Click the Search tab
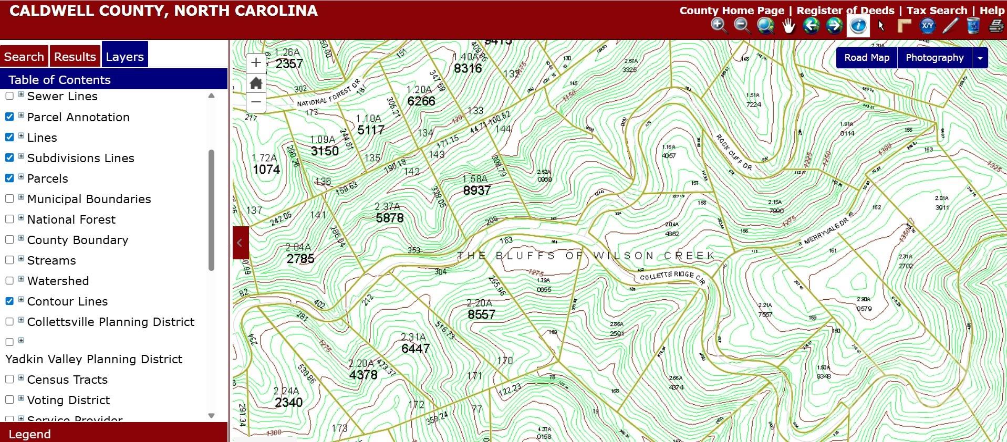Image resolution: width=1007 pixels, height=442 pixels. coord(24,57)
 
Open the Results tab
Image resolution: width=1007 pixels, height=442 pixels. coord(75,57)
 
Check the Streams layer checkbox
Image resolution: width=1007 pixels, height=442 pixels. coord(9,260)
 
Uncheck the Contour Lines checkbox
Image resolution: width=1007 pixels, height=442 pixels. coord(9,301)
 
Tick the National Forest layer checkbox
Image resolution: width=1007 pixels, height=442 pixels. coord(9,219)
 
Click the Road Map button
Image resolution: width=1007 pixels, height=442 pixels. coord(867,58)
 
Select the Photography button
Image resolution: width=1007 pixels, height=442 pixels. coord(935,58)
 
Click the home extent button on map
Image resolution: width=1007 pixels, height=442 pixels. coord(256,83)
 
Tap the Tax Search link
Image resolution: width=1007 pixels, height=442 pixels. coord(937,10)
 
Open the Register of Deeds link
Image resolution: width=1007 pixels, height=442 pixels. coord(845,10)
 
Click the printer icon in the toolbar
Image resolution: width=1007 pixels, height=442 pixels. coord(996,26)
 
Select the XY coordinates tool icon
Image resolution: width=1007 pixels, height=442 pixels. coord(927,26)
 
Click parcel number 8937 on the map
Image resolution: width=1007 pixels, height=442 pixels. coord(476,191)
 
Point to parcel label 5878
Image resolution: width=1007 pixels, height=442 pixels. coord(390,218)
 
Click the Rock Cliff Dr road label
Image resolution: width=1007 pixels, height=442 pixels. coord(734,152)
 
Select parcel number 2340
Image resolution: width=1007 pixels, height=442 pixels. coord(288,403)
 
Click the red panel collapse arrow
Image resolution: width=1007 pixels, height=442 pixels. coord(240,243)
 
